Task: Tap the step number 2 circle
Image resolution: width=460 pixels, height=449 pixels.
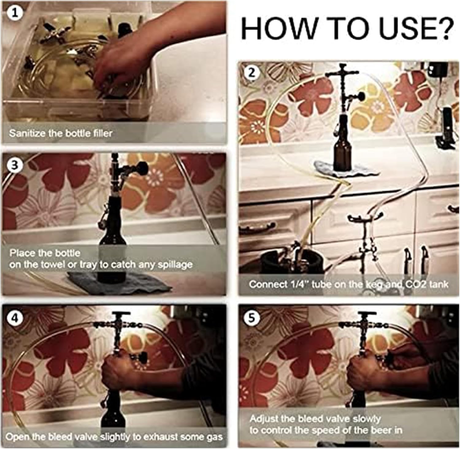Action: click(251, 73)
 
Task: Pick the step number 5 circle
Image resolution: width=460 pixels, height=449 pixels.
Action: click(251, 318)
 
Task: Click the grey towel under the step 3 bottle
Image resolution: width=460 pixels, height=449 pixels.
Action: click(120, 282)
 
